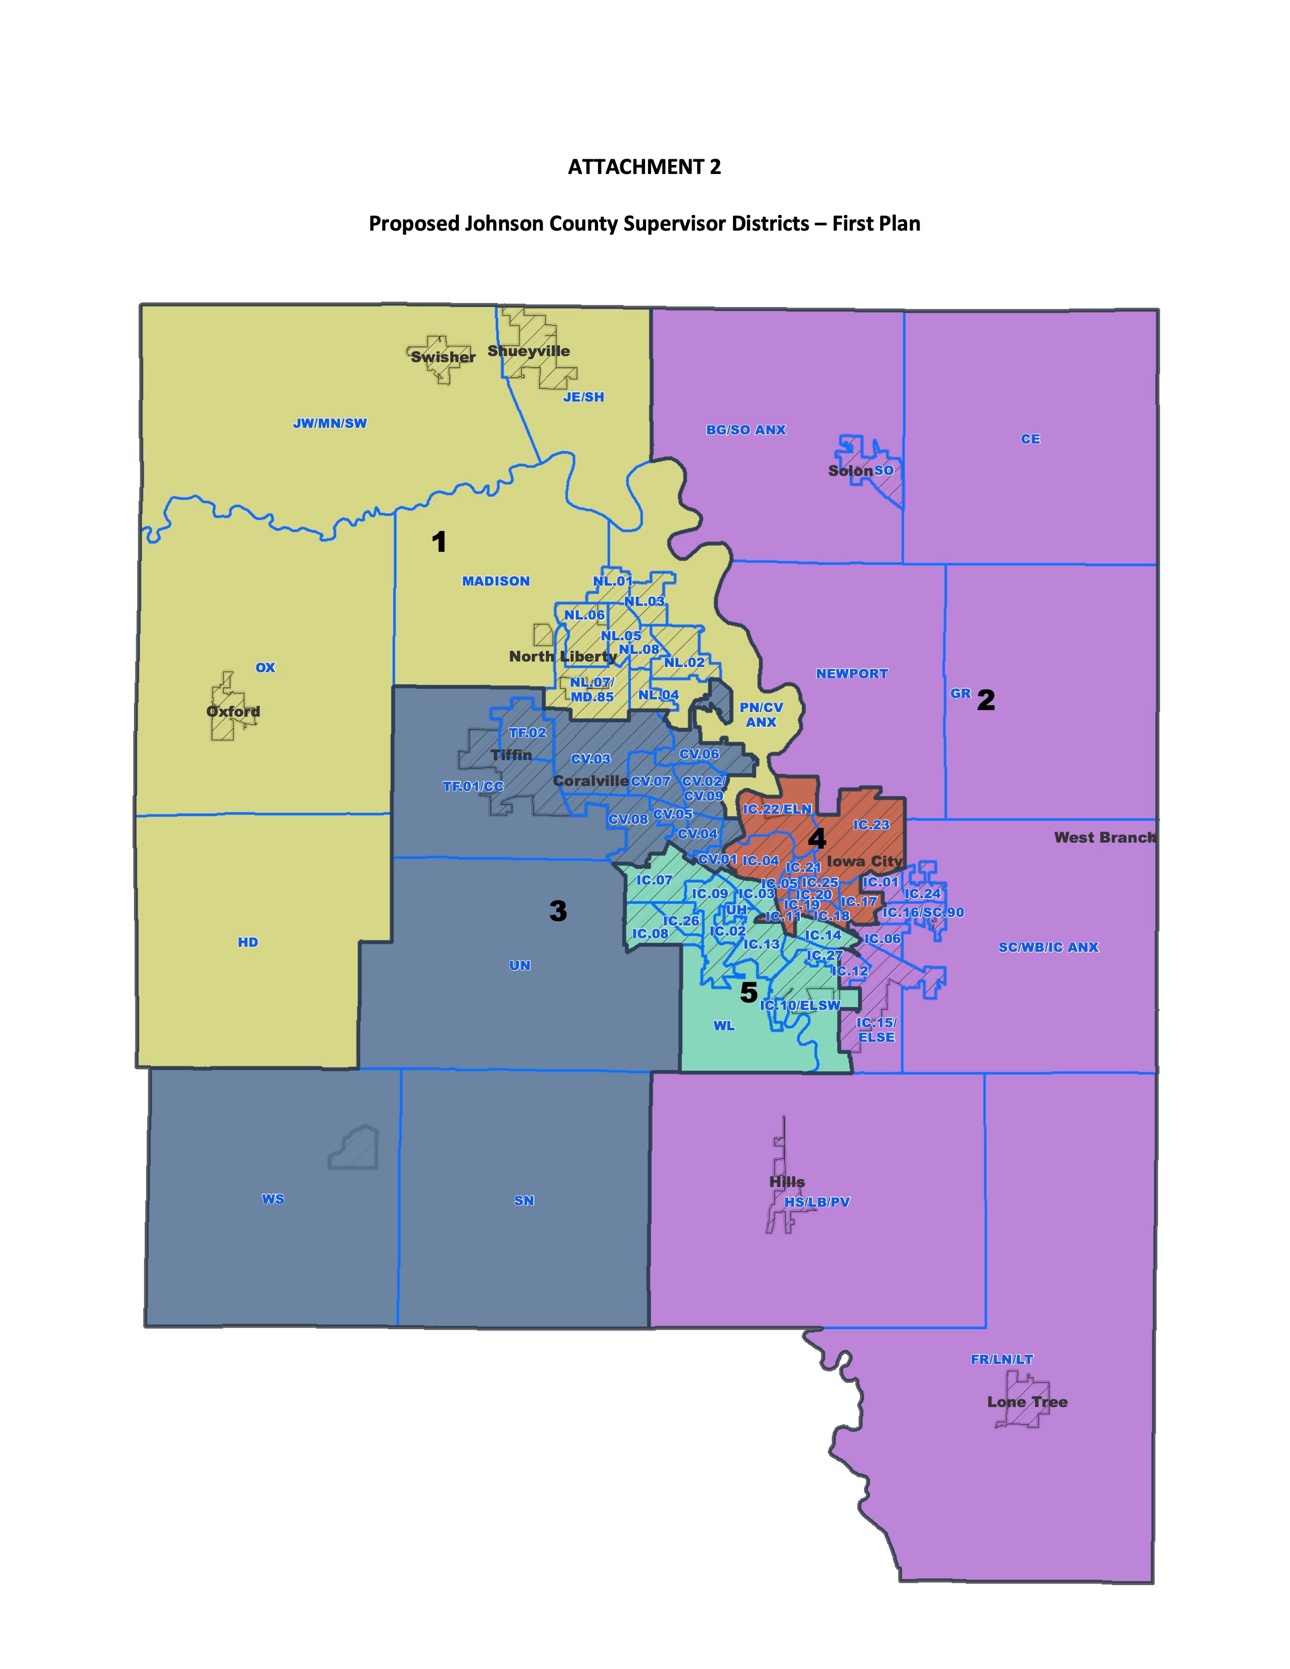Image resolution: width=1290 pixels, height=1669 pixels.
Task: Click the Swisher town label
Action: click(x=443, y=357)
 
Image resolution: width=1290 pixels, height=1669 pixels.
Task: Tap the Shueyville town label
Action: click(x=529, y=352)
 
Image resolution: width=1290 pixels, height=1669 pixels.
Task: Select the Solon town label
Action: click(x=850, y=471)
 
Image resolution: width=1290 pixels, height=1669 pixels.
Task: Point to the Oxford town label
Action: click(x=233, y=712)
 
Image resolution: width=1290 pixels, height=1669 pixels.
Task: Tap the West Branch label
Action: click(x=1104, y=838)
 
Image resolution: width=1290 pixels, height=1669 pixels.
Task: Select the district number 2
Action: click(x=986, y=700)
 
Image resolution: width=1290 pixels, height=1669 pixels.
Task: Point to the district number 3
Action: click(x=558, y=911)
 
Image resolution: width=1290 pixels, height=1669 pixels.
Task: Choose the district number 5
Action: click(x=749, y=993)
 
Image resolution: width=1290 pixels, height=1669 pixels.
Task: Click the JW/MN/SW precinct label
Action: click(x=330, y=423)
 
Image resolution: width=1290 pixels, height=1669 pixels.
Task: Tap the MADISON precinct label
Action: click(x=496, y=582)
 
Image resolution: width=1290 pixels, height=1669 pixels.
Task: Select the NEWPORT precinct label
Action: click(x=852, y=674)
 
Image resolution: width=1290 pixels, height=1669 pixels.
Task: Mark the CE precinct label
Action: click(x=1030, y=440)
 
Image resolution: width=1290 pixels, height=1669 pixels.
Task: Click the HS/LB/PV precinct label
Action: click(x=817, y=1202)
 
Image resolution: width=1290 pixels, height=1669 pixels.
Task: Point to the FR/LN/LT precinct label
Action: click(x=1002, y=1359)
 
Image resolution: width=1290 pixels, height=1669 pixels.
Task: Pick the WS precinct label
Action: click(x=273, y=1199)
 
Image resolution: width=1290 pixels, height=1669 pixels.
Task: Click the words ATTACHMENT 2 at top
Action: click(x=644, y=167)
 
